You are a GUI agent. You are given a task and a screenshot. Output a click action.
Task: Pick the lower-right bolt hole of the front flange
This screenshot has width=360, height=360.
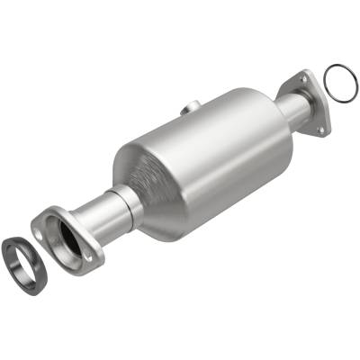[x=90, y=258]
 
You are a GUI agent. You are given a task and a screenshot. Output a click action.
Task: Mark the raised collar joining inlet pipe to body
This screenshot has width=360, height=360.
[x=126, y=202]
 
